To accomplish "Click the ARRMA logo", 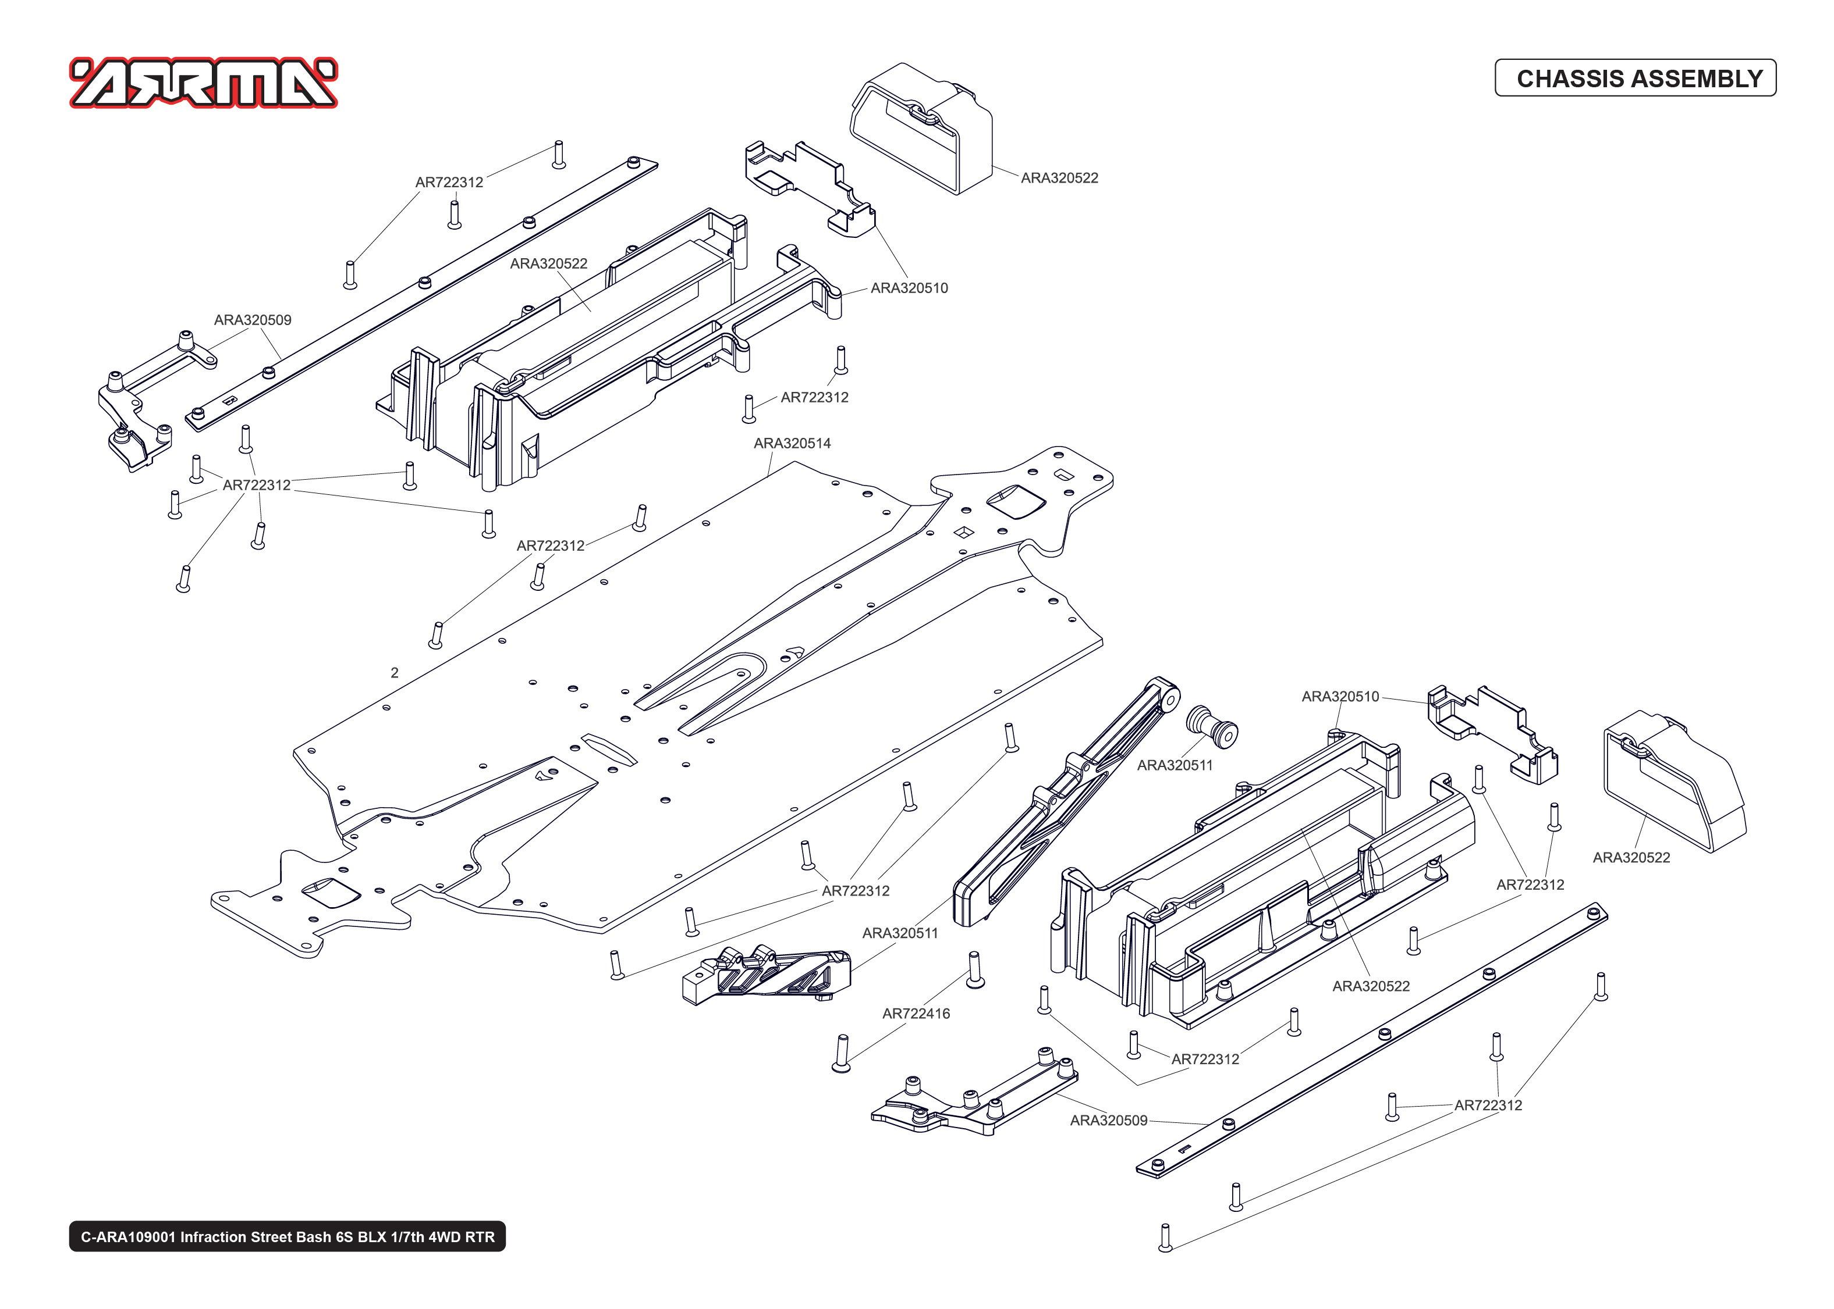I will (203, 83).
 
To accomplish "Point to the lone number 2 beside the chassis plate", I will (395, 673).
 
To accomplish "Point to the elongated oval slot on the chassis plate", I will (609, 749).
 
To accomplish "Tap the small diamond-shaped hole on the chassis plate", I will (963, 532).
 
